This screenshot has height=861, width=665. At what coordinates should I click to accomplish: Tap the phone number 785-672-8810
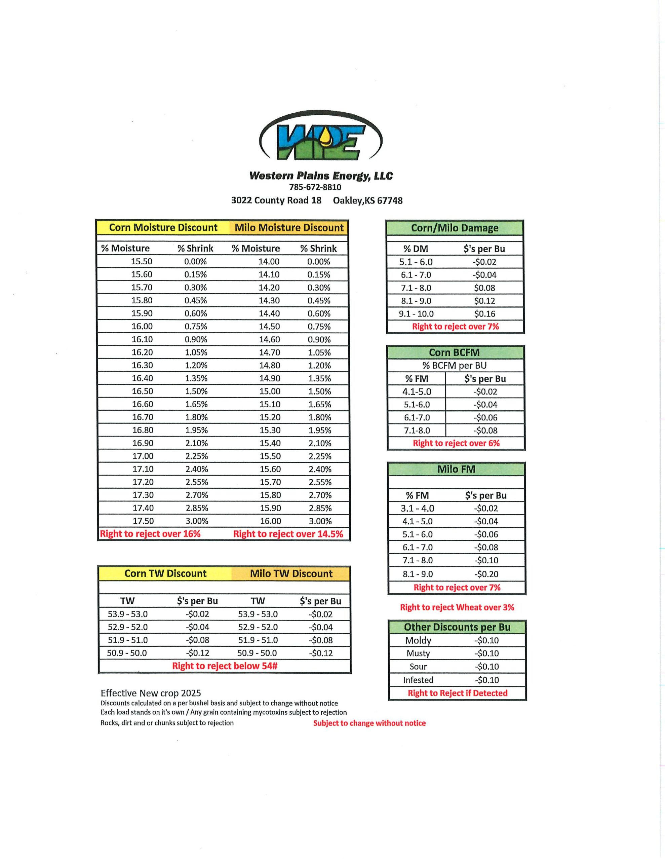point(315,187)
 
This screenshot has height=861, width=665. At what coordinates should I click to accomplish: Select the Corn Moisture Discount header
point(163,227)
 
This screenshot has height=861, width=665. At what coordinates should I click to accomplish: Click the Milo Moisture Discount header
point(289,227)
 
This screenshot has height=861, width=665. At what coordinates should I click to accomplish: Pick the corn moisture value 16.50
point(143,391)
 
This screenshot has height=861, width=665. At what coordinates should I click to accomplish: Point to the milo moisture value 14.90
point(270,378)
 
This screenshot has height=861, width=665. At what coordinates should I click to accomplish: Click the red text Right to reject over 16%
point(150,534)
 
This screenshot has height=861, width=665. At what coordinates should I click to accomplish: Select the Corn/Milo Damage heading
point(455,228)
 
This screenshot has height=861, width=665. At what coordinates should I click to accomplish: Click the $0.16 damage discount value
point(484,314)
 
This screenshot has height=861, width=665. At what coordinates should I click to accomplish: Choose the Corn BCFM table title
point(455,352)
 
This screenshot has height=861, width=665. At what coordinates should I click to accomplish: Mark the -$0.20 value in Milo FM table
point(486,574)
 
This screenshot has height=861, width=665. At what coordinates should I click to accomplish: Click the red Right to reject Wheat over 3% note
point(457,607)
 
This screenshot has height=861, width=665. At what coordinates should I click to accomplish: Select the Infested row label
point(418,680)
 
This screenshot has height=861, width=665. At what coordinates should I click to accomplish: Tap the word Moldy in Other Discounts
point(418,640)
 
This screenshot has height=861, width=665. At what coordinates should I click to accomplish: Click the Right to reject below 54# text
point(225,666)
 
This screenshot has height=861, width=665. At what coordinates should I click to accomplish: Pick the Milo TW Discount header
point(291,573)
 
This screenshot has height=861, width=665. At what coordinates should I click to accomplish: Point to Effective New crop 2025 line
point(151,693)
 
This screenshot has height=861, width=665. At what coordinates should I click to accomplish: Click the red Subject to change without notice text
point(369,723)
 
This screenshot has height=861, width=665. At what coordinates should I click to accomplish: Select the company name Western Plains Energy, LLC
point(321,176)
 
